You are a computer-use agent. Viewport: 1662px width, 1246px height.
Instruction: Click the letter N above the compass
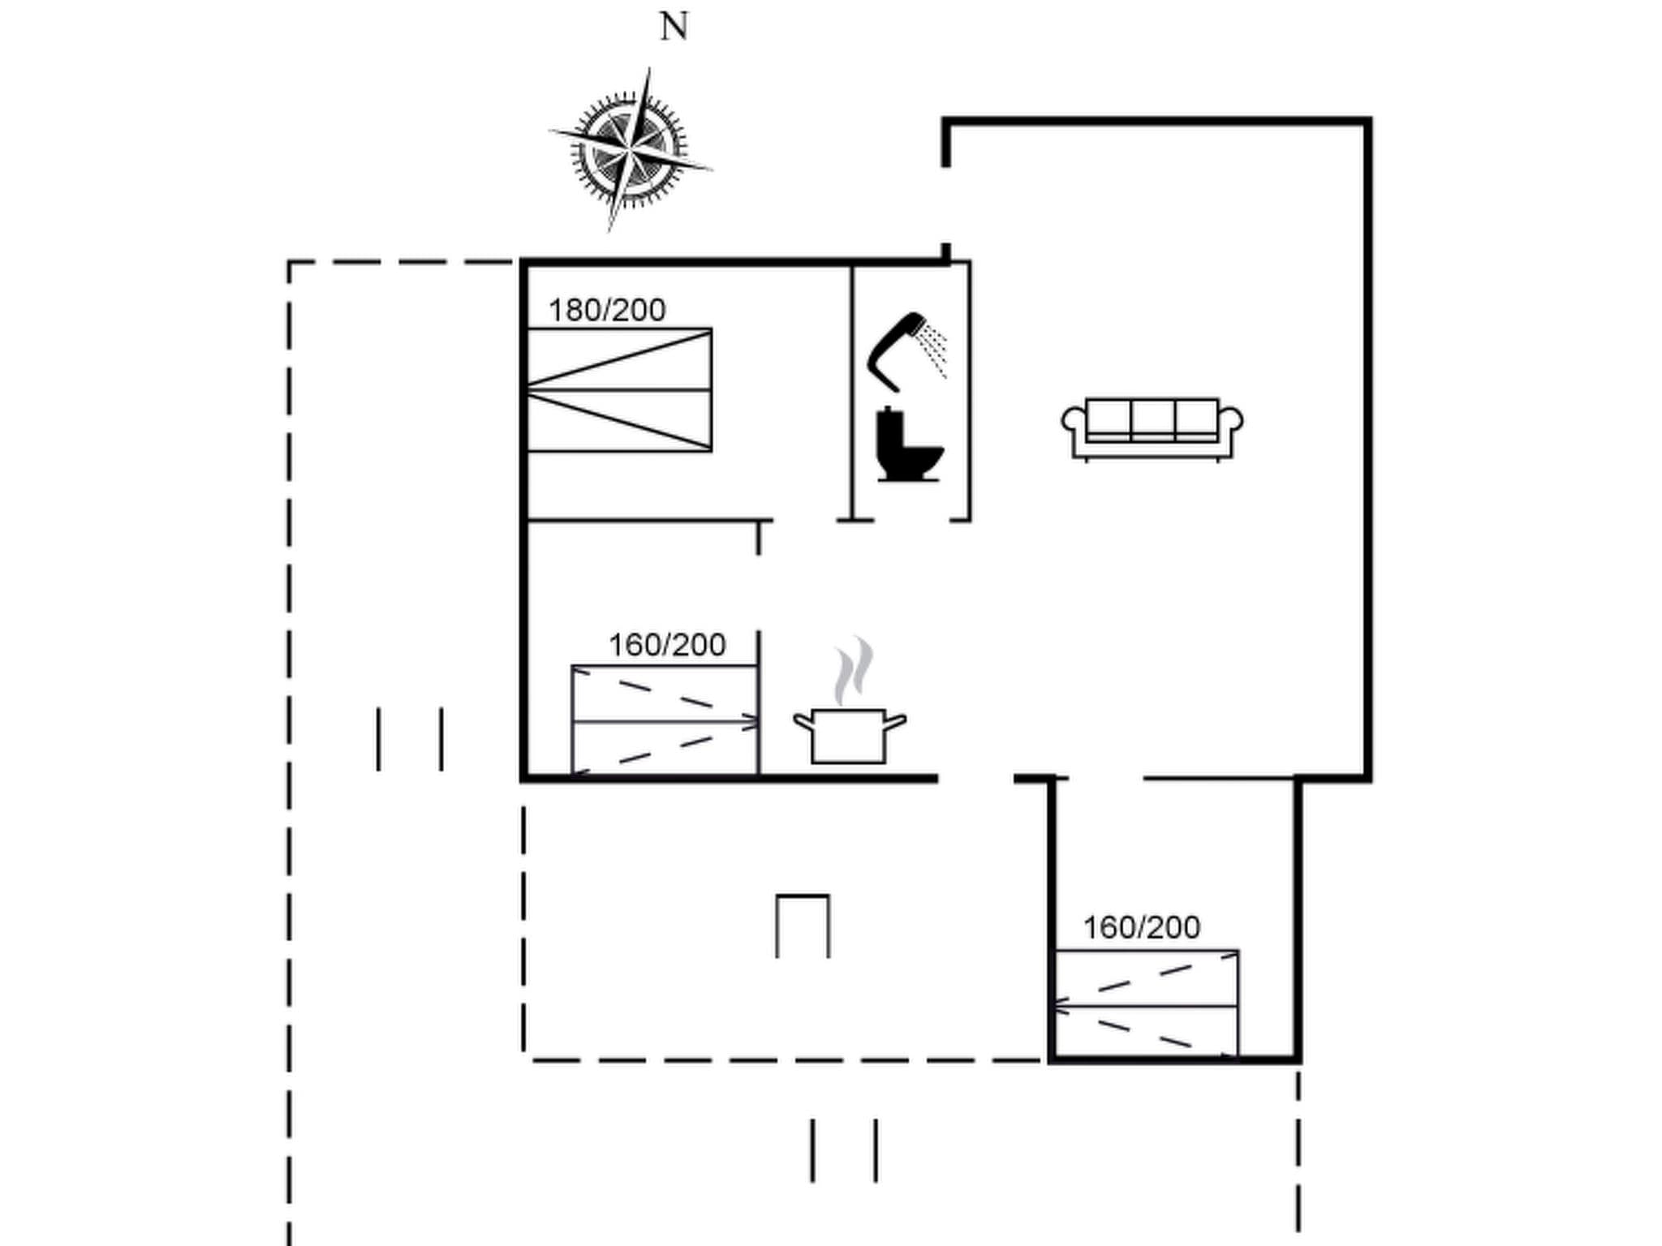(674, 27)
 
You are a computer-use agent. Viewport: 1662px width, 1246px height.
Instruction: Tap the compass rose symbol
(631, 151)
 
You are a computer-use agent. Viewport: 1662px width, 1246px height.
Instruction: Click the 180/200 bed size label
(607, 310)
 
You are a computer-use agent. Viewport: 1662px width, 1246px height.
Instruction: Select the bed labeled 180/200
(619, 390)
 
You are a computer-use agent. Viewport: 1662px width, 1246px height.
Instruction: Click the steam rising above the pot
(854, 670)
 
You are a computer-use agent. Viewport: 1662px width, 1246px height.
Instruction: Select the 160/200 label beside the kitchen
(667, 645)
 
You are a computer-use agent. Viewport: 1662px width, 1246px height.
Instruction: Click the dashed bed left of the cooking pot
(665, 720)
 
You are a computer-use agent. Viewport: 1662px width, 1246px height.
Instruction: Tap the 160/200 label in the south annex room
(1142, 927)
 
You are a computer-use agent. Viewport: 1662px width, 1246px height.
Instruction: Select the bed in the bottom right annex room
(1146, 1004)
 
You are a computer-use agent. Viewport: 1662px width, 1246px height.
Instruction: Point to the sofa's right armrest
(1231, 421)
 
